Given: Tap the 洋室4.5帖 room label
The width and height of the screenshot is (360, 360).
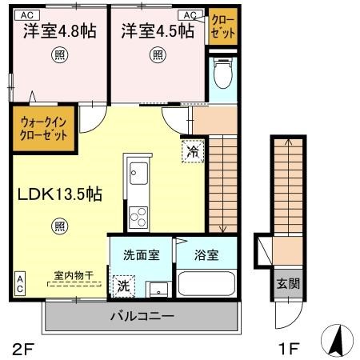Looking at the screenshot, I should point(157,31).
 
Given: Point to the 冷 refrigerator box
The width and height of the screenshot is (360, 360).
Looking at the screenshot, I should point(192,149).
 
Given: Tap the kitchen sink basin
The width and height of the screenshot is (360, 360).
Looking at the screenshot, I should point(137,173).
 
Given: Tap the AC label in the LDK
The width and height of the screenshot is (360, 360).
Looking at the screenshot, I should point(19,282).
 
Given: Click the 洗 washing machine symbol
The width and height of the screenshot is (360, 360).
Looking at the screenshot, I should point(124,284).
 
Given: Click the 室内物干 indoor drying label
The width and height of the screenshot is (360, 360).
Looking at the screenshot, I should point(74,276).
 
